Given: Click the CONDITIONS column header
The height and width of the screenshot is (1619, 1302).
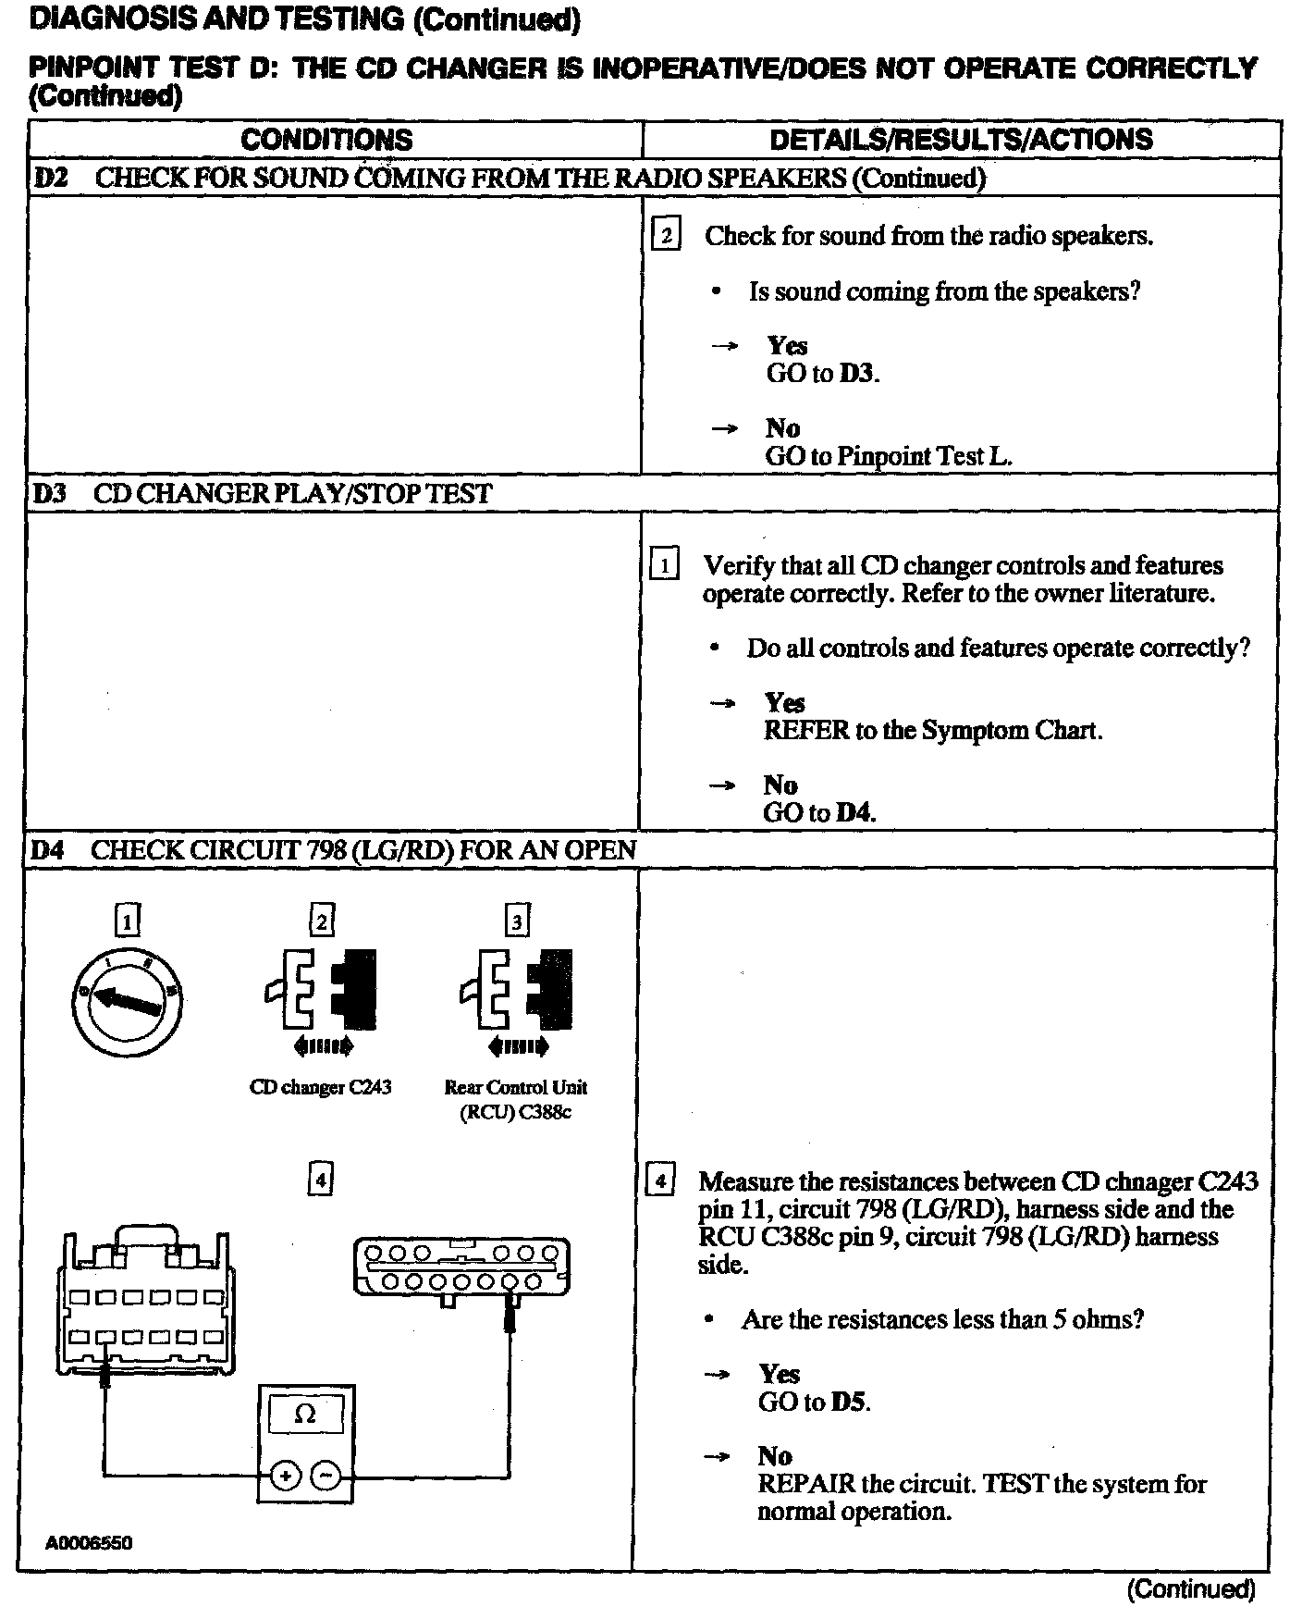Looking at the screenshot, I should coord(326,140).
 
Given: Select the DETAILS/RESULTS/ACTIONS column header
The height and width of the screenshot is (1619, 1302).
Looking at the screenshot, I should coord(961,140).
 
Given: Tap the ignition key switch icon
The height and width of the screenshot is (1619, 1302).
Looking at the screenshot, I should coord(127,1001).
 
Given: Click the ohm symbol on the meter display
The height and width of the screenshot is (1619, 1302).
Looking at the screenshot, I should coord(304,1414).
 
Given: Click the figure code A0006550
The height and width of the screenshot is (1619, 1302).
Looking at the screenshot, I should coord(89,1543).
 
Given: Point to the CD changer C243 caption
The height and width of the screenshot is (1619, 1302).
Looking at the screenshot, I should coord(320,1087).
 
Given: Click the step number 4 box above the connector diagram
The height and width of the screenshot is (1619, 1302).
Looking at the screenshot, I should coord(320,1179).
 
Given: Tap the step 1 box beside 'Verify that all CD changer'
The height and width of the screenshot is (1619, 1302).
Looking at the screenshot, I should coord(665,563).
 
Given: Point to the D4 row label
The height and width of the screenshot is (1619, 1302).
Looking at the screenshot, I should coord(48,850).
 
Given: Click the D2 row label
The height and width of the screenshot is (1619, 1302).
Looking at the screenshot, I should coord(51,178).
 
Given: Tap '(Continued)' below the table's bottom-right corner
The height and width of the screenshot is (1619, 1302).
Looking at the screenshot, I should coord(1191,1589).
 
